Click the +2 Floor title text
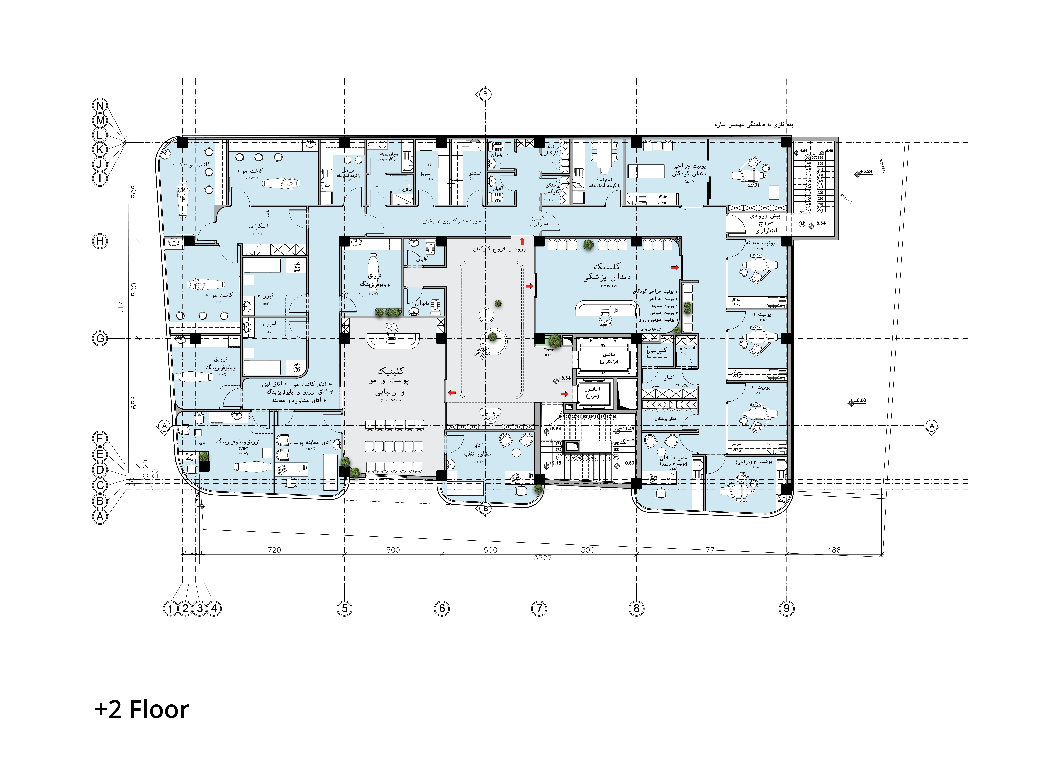[142, 710]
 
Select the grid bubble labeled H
[100, 241]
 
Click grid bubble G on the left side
[100, 338]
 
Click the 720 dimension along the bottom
[274, 550]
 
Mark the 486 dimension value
[834, 550]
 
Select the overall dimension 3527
[543, 558]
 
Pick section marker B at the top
[485, 94]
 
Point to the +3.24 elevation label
[866, 171]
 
